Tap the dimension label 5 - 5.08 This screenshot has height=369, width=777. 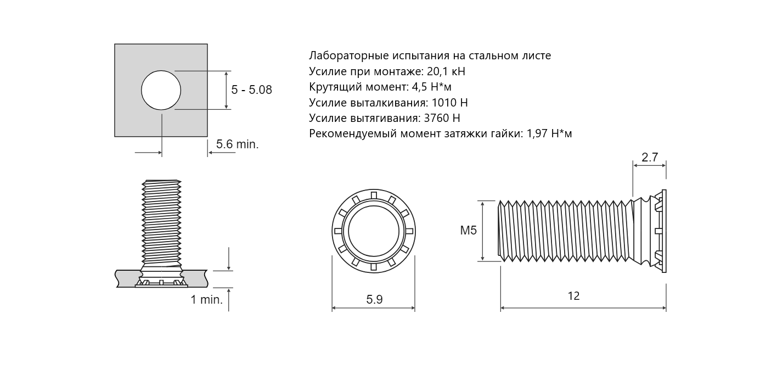pos(251,90)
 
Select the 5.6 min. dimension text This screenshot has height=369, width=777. pos(237,144)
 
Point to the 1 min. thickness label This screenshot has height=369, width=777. pos(207,300)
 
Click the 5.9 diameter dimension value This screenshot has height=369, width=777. pos(374,300)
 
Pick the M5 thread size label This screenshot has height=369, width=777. pos(468,230)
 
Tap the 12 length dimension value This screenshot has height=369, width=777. pos(574,296)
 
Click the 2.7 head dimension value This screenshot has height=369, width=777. pos(650,158)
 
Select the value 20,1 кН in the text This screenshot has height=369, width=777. pos(446,71)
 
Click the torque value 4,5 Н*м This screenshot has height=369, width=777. pos(431,87)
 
